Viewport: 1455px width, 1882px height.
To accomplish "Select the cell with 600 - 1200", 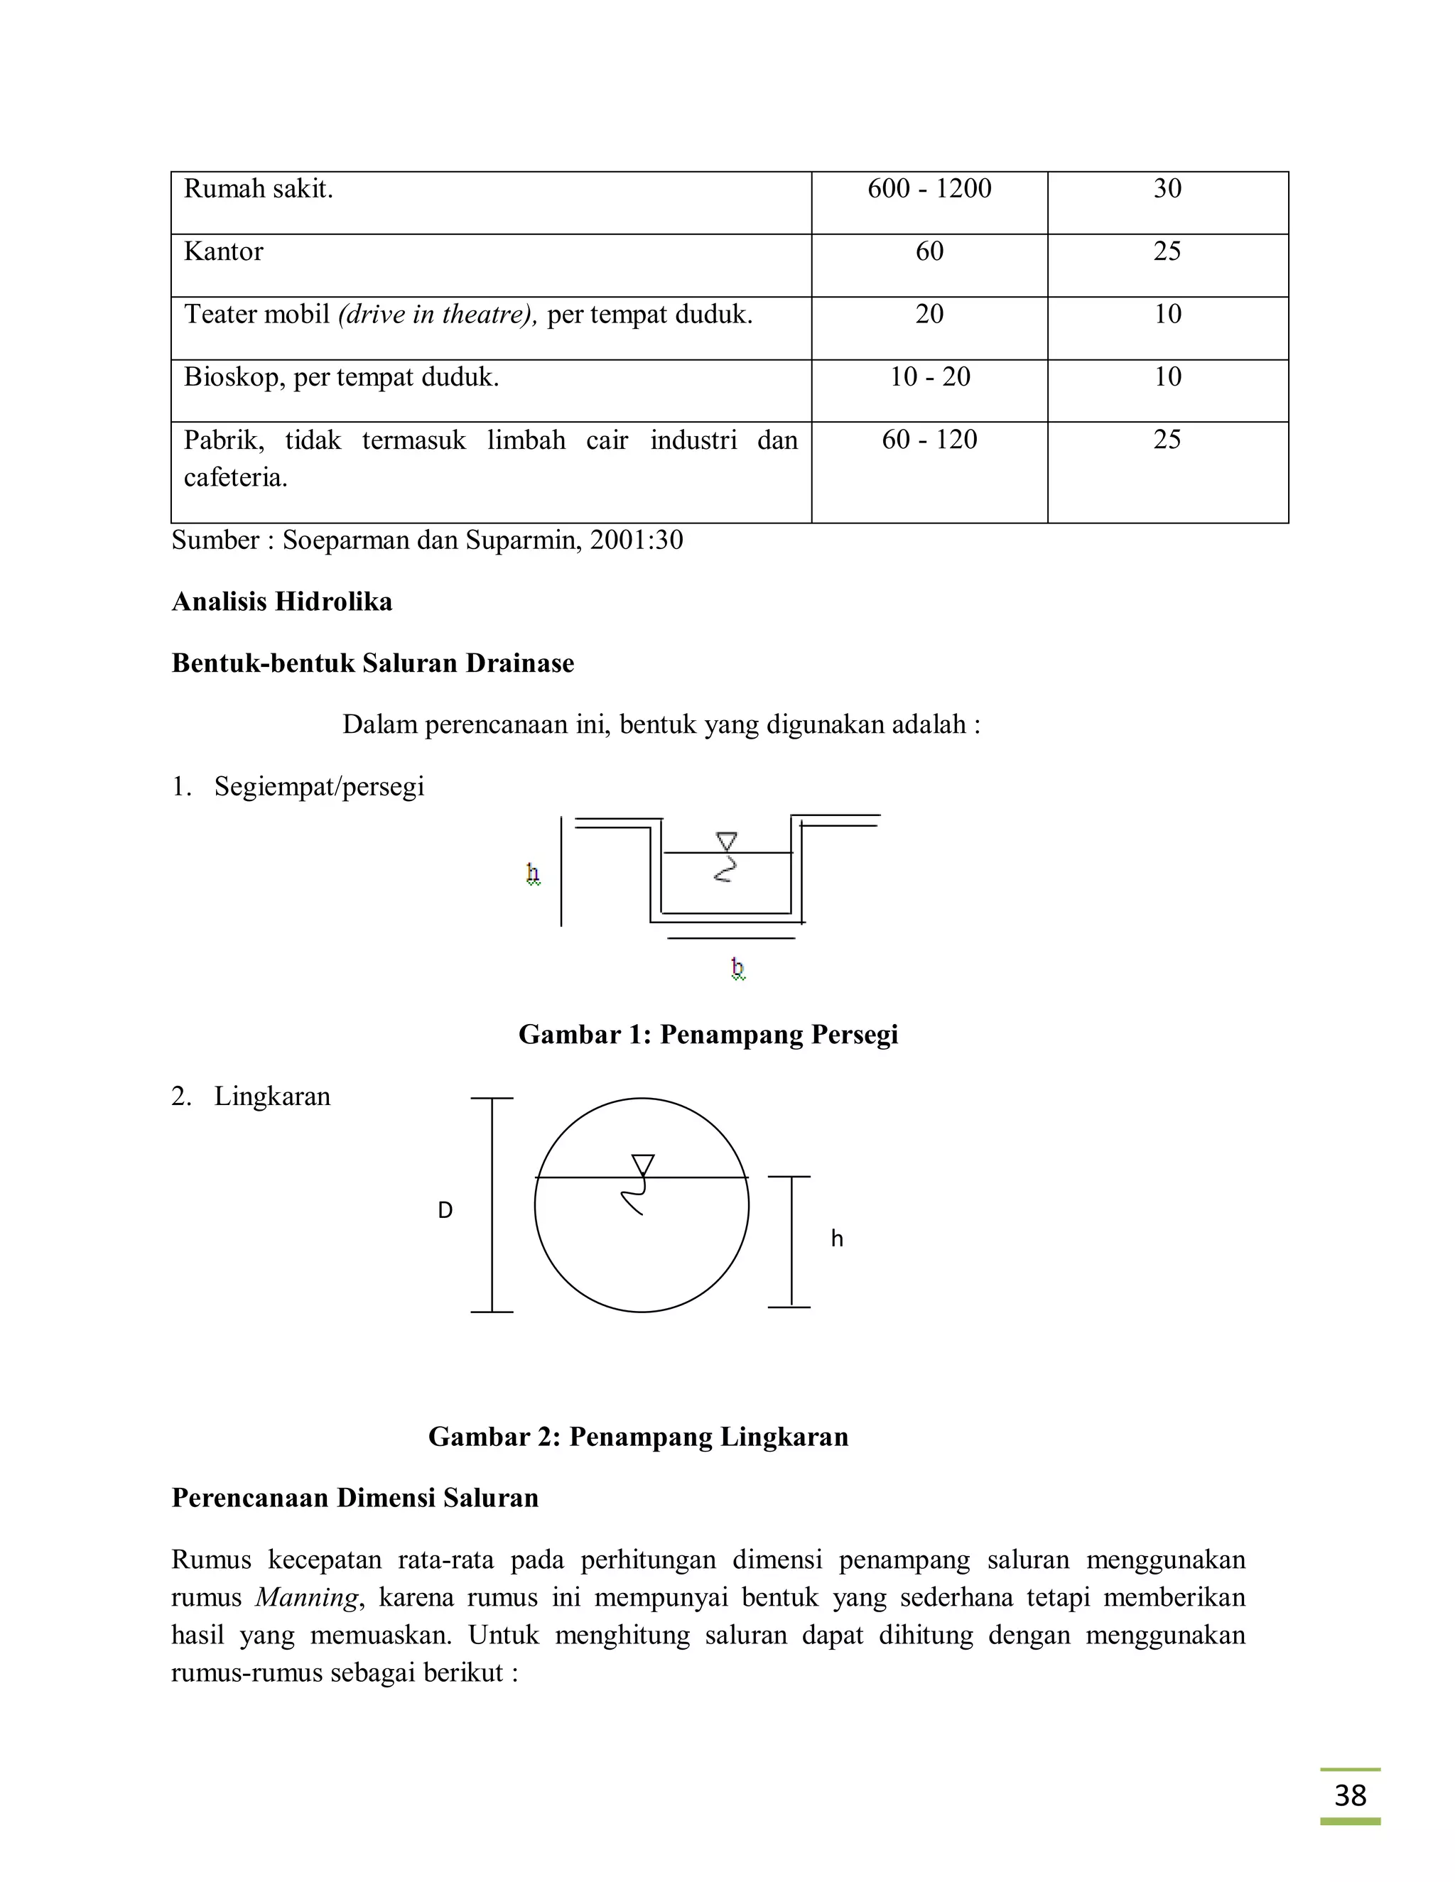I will coord(929,189).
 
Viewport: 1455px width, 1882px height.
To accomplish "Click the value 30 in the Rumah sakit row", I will coord(1167,189).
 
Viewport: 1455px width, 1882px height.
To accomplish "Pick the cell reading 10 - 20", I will coord(929,376).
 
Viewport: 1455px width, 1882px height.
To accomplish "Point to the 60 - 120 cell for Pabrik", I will coord(929,440).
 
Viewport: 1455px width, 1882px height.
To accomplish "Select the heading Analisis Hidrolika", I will coord(282,602).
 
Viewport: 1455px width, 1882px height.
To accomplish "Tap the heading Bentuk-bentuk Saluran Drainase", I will coord(372,663).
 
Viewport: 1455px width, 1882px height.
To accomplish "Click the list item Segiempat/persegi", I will coord(319,787).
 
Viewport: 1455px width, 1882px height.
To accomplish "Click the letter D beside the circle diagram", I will coord(445,1211).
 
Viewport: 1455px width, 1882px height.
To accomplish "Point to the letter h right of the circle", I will coord(836,1239).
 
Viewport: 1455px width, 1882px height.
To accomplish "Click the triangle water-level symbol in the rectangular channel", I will coord(727,841).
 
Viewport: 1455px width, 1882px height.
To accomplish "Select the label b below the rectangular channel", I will coord(737,969).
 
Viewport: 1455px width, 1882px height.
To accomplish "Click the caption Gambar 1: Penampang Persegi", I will coord(708,1034).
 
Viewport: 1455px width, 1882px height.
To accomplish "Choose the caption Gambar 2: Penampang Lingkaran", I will coord(638,1437).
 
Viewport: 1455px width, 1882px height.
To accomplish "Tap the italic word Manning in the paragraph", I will coord(306,1598).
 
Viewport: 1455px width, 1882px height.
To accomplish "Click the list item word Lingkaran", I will coord(272,1097).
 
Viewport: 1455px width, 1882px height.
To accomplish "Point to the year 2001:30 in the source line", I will coord(636,540).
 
